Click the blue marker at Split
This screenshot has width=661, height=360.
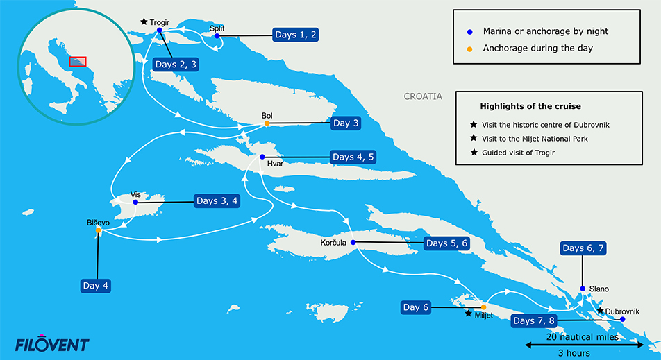pyautogui.click(x=217, y=36)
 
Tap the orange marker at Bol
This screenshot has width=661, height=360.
pyautogui.click(x=267, y=124)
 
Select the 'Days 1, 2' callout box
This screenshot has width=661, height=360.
pyautogui.click(x=295, y=35)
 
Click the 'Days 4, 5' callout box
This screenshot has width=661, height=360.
pyautogui.click(x=353, y=157)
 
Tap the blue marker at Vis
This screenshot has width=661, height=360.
pyautogui.click(x=135, y=203)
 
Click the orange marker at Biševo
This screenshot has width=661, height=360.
pyautogui.click(x=99, y=230)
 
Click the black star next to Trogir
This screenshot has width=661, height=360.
pyautogui.click(x=144, y=22)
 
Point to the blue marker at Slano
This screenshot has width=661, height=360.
pyautogui.click(x=582, y=289)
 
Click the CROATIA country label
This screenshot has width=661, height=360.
pyautogui.click(x=423, y=96)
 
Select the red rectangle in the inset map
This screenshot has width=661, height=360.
pyautogui.click(x=78, y=62)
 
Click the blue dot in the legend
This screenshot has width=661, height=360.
pyautogui.click(x=469, y=31)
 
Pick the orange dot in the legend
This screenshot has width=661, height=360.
pyautogui.click(x=469, y=48)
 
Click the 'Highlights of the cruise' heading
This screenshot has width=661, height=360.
pyautogui.click(x=530, y=106)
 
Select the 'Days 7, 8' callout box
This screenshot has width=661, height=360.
pyautogui.click(x=533, y=321)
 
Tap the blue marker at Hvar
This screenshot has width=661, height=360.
pyautogui.click(x=262, y=157)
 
